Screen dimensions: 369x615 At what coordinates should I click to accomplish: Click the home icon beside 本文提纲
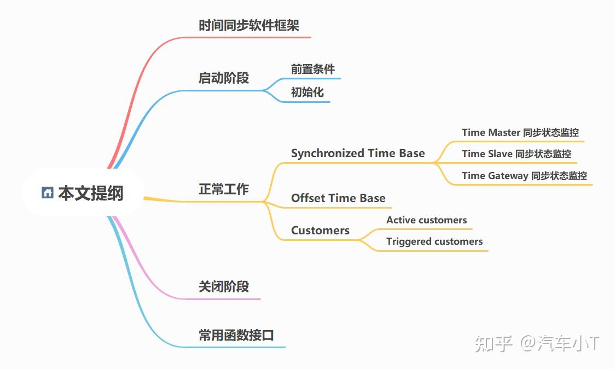pos(48,193)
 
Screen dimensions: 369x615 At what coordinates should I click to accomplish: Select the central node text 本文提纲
pos(91,193)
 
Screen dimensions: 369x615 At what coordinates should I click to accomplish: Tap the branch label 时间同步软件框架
pos(248,26)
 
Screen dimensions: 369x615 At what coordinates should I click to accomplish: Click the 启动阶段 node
pos(223,78)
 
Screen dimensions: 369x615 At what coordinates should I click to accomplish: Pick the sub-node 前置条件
pos(312,69)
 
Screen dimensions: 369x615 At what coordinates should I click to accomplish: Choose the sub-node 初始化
pos(307,92)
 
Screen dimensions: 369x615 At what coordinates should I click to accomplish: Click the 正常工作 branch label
pos(223,189)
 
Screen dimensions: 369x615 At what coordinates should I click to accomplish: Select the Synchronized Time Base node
pos(357,153)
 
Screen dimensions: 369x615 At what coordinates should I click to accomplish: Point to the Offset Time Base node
pos(338,198)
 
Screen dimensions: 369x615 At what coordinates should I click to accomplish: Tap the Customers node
pos(320,230)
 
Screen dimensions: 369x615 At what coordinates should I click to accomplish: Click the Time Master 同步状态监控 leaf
pos(520,132)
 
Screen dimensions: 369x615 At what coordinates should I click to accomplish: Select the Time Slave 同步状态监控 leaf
pos(516,154)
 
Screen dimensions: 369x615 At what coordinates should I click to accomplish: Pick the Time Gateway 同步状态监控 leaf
pos(524,176)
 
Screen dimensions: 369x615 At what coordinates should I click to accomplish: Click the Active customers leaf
pos(426,220)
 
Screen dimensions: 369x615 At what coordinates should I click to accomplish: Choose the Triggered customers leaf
pos(434,241)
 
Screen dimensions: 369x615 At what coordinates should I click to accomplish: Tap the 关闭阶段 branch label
pos(223,286)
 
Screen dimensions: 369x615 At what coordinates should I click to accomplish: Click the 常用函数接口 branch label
pos(236,335)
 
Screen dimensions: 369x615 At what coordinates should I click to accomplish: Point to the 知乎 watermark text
pos(493,344)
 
